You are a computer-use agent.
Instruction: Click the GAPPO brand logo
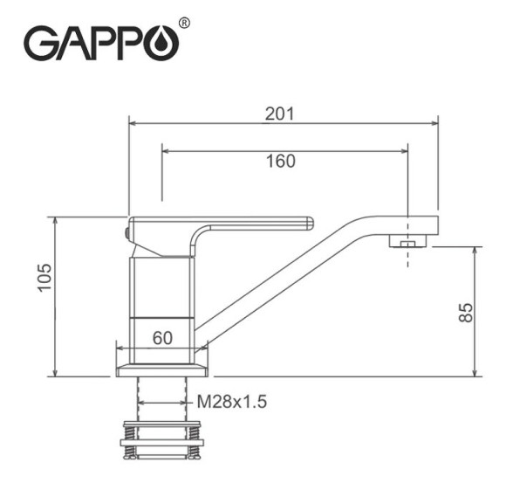(x=100, y=41)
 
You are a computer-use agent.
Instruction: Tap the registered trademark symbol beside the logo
(x=184, y=22)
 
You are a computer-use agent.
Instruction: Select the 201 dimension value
(x=280, y=114)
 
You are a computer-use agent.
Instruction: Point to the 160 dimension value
(x=281, y=161)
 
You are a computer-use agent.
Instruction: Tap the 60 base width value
(x=162, y=337)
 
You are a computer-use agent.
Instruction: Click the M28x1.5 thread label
(x=230, y=402)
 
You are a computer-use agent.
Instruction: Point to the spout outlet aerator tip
(x=407, y=241)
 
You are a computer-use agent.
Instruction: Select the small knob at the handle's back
(x=126, y=232)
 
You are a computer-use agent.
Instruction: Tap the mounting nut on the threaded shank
(x=162, y=441)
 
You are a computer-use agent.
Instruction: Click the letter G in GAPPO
(x=40, y=42)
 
